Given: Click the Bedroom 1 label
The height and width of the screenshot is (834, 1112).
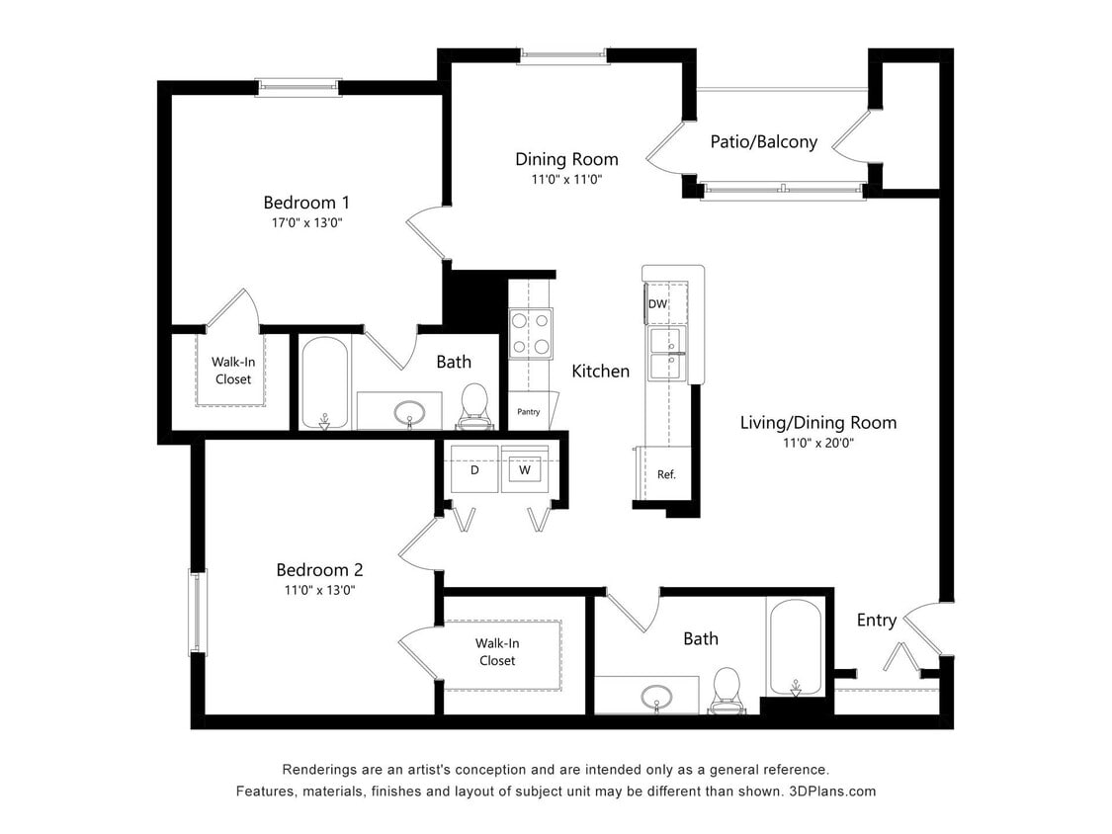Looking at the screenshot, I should tap(305, 203).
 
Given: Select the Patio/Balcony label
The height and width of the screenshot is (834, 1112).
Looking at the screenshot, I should tap(763, 141).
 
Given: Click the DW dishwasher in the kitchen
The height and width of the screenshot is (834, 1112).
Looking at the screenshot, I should tap(657, 304).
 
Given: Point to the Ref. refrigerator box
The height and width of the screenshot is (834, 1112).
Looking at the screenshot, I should tap(666, 474).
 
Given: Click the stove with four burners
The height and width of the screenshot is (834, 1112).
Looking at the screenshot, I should tap(530, 333).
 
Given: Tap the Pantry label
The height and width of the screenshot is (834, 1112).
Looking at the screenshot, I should tap(529, 411).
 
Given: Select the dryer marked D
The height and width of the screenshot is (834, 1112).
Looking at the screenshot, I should tap(474, 469).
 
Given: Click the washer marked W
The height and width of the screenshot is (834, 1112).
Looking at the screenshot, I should tap(525, 469).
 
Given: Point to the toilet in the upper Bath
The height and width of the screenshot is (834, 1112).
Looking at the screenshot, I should tap(474, 405).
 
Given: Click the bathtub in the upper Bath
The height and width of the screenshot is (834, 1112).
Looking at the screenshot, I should tap(324, 383).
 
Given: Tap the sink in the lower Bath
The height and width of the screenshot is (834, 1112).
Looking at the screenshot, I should tap(654, 696).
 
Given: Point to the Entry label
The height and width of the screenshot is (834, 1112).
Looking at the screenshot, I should tap(876, 620).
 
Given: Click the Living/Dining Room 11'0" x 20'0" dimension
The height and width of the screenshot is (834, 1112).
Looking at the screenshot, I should tap(818, 444).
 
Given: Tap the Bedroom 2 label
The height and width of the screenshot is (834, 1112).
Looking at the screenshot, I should tap(319, 569).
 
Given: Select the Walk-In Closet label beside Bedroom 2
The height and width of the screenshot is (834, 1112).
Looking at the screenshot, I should tap(497, 652).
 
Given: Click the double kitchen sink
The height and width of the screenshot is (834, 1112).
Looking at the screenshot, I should tap(666, 354).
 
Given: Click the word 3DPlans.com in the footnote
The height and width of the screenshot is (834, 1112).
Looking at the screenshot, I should tap(831, 792).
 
